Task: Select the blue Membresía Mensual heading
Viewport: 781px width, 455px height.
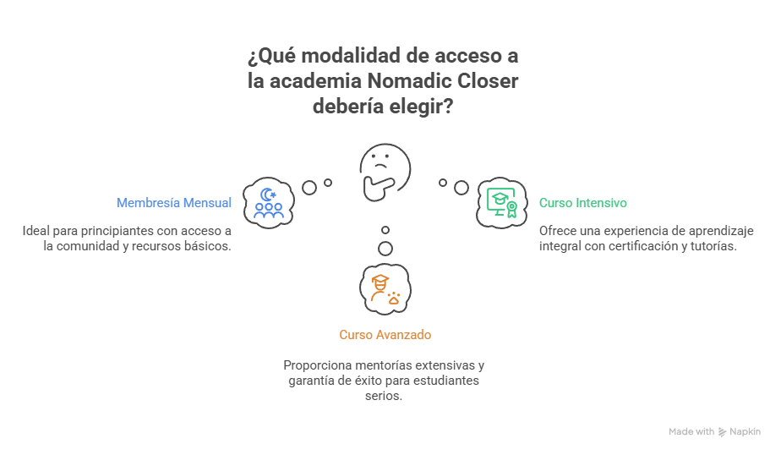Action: pyautogui.click(x=174, y=203)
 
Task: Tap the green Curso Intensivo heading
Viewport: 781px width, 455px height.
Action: pyautogui.click(x=582, y=203)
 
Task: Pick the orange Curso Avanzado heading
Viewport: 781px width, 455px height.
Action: pyautogui.click(x=385, y=335)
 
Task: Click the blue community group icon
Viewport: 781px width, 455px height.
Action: pyautogui.click(x=268, y=203)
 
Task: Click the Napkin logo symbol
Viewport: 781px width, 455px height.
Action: pyautogui.click(x=722, y=431)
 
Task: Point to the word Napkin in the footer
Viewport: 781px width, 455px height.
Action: pyautogui.click(x=745, y=431)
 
